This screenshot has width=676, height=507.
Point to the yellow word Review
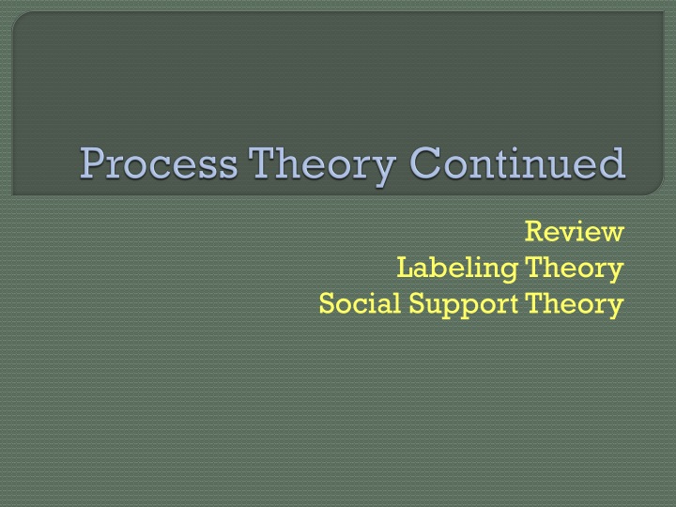574,231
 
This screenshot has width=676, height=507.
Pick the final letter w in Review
612,232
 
